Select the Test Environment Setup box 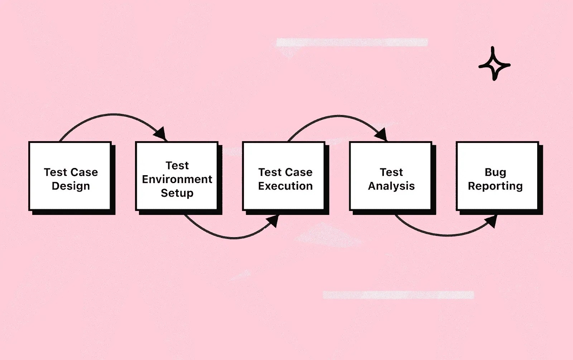coord(177,176)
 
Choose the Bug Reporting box coord(497,176)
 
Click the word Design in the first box coord(71,186)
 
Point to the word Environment coord(177,179)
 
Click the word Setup coord(177,193)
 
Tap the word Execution coord(285,186)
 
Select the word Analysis coord(391,186)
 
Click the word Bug coord(495,172)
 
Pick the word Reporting coord(495,186)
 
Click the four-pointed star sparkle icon coord(494,64)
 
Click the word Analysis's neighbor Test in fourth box coord(391,172)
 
